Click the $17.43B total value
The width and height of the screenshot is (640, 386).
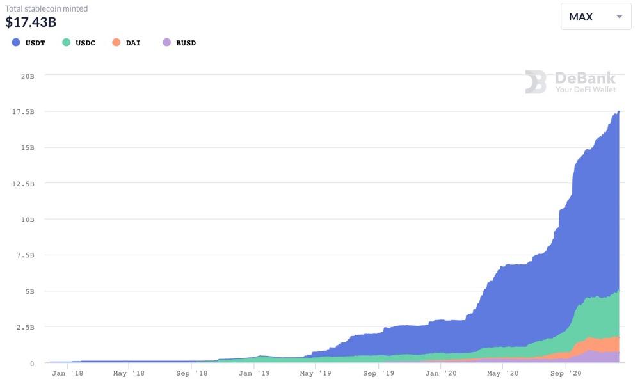[31, 22]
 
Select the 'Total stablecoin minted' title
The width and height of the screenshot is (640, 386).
[47, 8]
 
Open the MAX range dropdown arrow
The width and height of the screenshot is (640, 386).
[619, 17]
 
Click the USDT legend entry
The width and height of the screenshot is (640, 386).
[29, 43]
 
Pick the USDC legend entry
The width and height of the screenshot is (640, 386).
[79, 43]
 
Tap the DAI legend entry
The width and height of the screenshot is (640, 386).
[127, 43]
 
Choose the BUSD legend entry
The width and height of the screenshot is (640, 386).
[180, 43]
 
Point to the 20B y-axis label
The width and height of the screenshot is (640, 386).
[28, 76]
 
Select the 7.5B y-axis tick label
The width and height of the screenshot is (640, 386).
[26, 255]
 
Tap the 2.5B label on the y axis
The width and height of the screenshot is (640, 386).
[26, 327]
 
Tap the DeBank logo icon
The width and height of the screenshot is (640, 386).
[536, 82]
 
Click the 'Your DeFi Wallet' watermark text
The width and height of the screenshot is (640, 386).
[585, 90]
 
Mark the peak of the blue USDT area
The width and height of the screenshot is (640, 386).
[618, 111]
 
